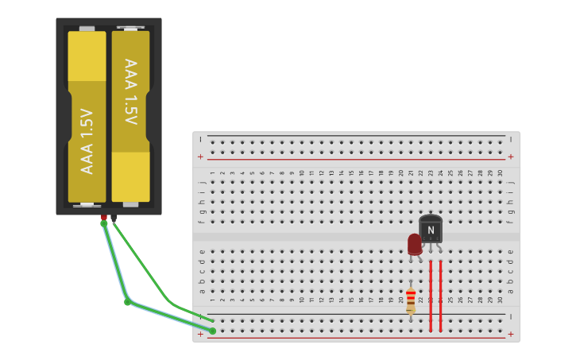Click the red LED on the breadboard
[415, 244]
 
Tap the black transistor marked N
[431, 230]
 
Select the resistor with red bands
[411, 301]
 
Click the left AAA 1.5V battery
[87, 117]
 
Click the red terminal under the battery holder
[103, 216]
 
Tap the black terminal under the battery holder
[114, 216]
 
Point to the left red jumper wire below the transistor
[431, 294]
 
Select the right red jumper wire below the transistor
[440, 294]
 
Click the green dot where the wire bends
[127, 302]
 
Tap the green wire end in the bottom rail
[212, 331]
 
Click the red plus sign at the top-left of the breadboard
[200, 157]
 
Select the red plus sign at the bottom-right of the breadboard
[510, 334]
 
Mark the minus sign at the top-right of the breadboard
[510, 139]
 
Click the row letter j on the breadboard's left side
[202, 182]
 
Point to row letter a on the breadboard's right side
[510, 290]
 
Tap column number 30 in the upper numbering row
[500, 172]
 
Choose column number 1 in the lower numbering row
[212, 300]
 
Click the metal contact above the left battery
[87, 29]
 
